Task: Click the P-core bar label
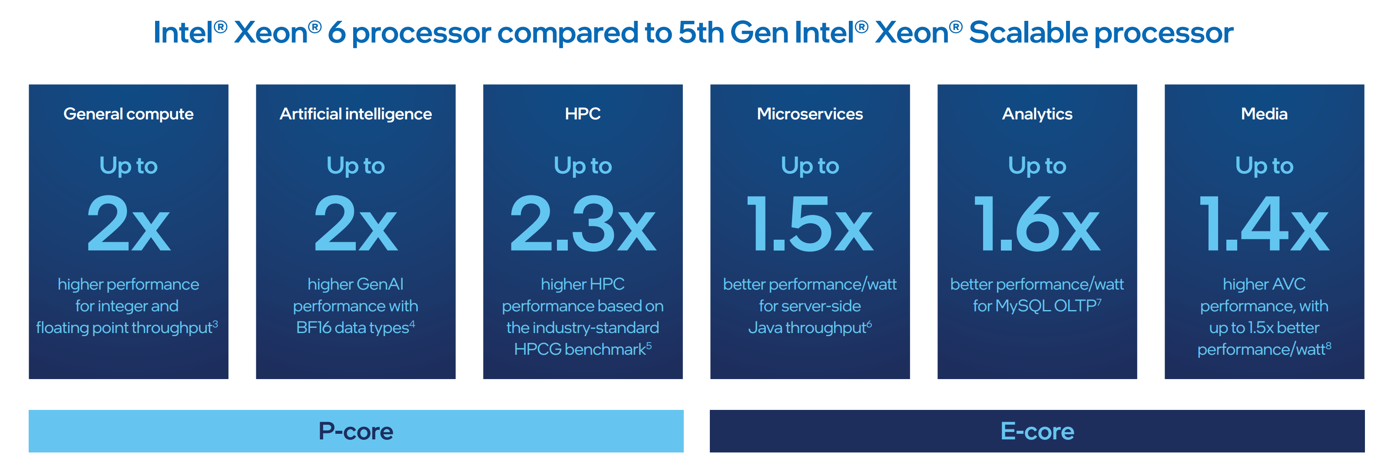pyautogui.click(x=356, y=431)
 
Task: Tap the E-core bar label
pyautogui.click(x=1037, y=431)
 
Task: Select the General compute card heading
pyautogui.click(x=129, y=114)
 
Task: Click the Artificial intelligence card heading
pyautogui.click(x=355, y=114)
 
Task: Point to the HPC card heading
pyautogui.click(x=583, y=114)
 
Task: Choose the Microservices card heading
pyautogui.click(x=809, y=114)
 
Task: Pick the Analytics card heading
pyautogui.click(x=1037, y=114)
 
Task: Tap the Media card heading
pyautogui.click(x=1264, y=114)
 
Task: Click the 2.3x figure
pyautogui.click(x=583, y=224)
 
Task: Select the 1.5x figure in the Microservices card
pyautogui.click(x=809, y=224)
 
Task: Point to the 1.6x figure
pyautogui.click(x=1037, y=224)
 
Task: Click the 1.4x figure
pyautogui.click(x=1264, y=224)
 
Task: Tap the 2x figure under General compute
pyautogui.click(x=129, y=224)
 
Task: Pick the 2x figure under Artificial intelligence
pyautogui.click(x=355, y=224)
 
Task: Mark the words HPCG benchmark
pyautogui.click(x=580, y=350)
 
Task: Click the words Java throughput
pyautogui.click(x=807, y=328)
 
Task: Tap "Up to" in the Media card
pyautogui.click(x=1264, y=166)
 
